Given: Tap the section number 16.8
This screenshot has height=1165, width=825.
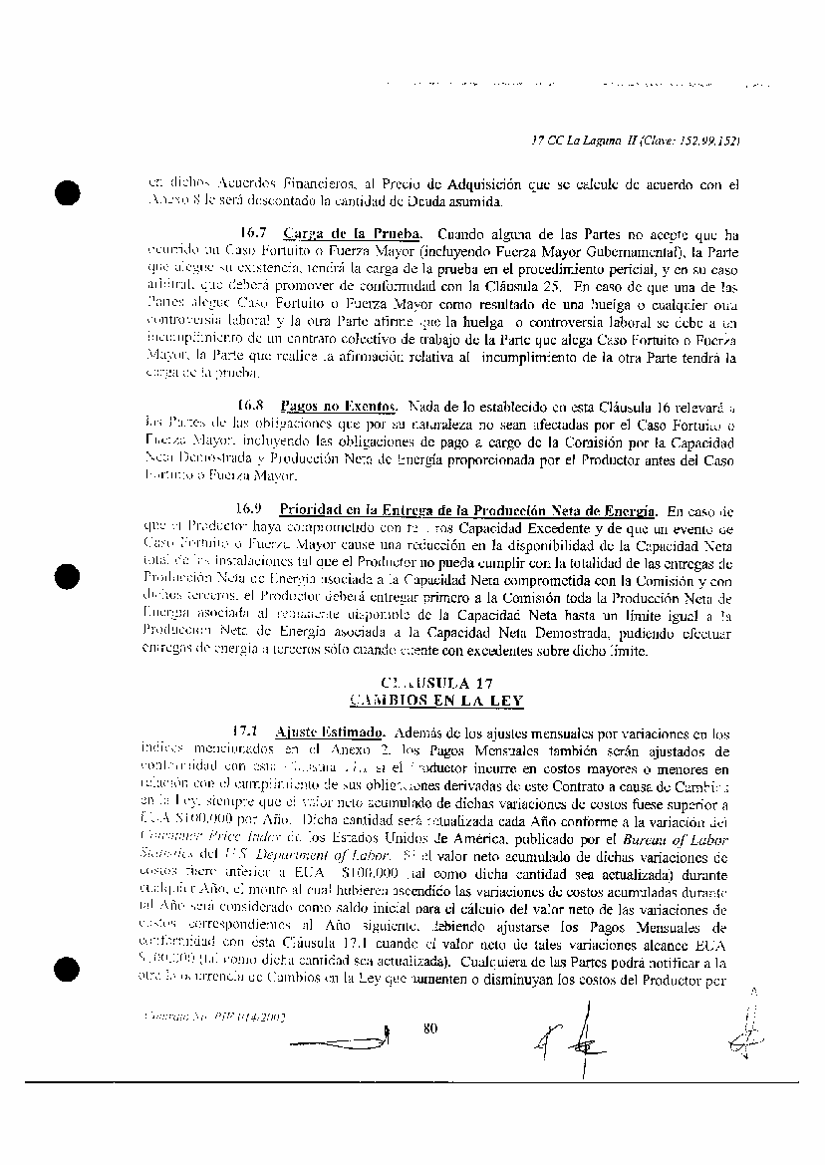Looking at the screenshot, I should pyautogui.click(x=249, y=407).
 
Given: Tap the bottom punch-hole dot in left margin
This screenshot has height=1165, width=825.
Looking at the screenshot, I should pyautogui.click(x=66, y=967).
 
